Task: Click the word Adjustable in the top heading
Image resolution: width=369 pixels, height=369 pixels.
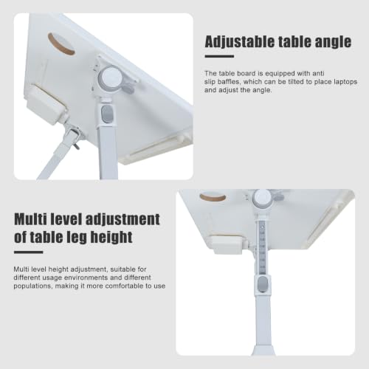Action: tap(240, 42)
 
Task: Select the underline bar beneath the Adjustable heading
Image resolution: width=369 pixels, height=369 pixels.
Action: tap(219, 56)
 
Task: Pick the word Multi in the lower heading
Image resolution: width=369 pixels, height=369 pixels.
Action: tap(30, 219)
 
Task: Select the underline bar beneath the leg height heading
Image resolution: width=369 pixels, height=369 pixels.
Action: tap(29, 252)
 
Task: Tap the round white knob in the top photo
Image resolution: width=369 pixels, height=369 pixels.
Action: tap(111, 77)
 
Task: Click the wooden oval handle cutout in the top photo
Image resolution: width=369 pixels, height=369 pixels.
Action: tap(61, 45)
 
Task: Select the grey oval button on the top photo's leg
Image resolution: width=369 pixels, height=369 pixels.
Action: tap(107, 114)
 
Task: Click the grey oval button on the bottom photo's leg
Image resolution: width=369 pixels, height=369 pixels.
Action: tap(263, 284)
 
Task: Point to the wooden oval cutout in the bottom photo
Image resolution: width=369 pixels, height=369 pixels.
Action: tap(213, 197)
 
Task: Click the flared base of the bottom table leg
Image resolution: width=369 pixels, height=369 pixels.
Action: tap(263, 350)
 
